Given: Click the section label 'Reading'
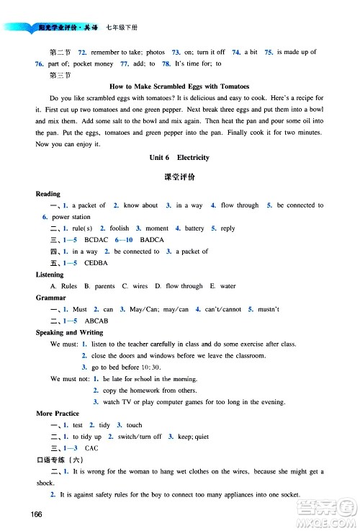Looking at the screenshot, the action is click(x=48, y=194).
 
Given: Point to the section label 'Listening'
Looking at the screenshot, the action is click(x=50, y=275).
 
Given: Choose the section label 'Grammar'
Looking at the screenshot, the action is click(x=50, y=298).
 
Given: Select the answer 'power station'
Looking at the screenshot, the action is click(x=71, y=217).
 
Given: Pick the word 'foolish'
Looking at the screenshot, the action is click(x=120, y=228).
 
